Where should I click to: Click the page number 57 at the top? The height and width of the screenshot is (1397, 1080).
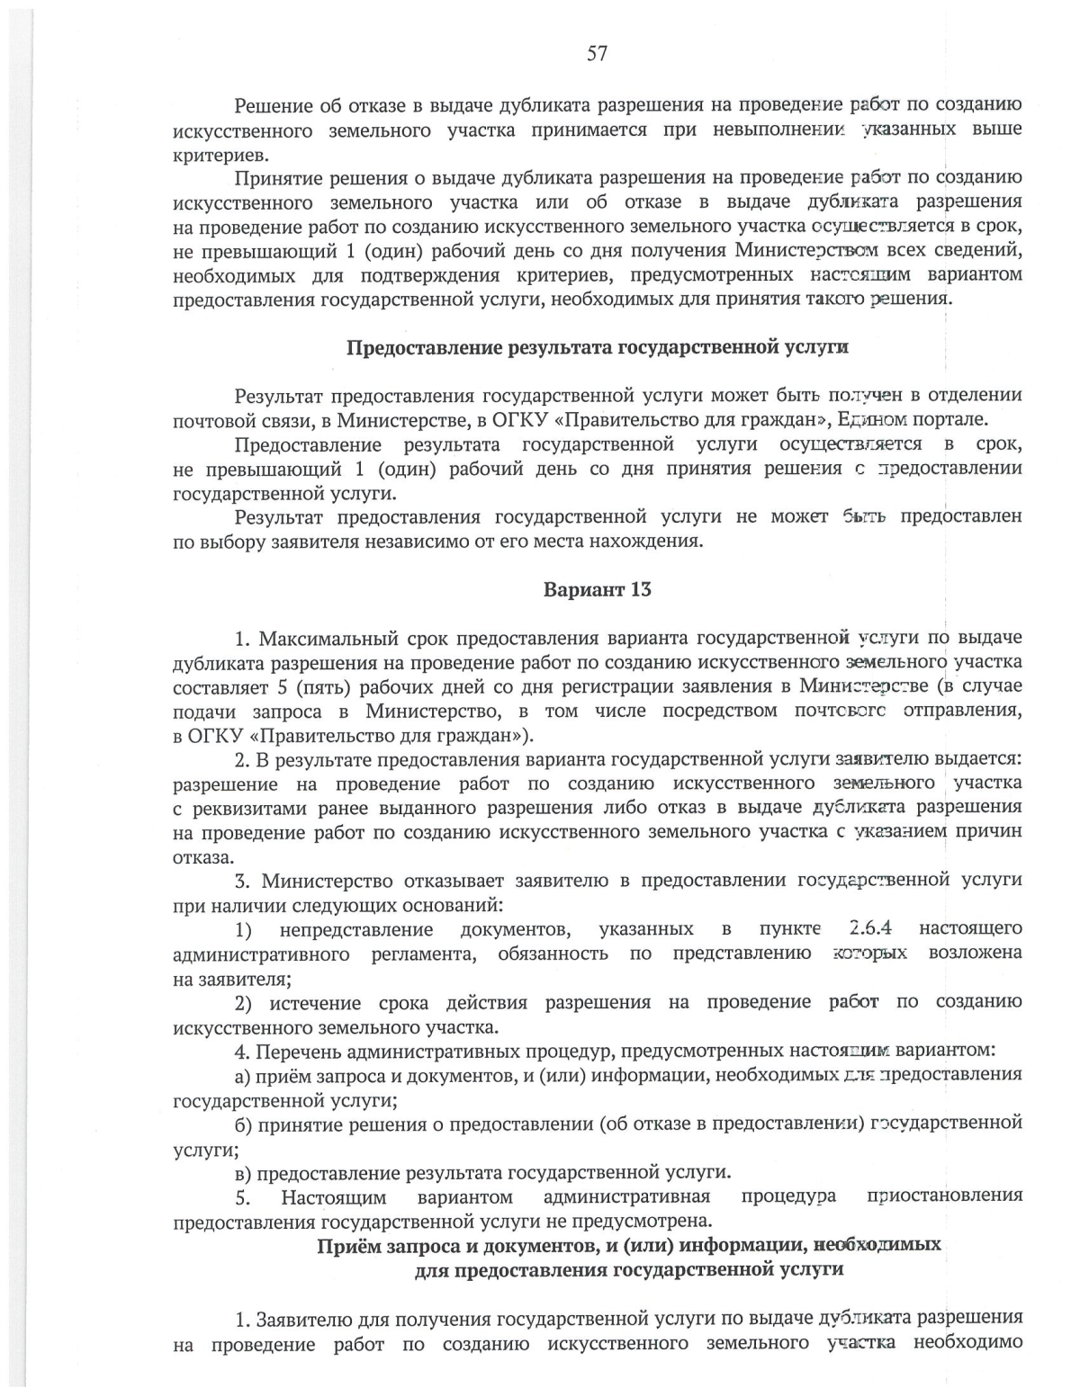click(x=597, y=54)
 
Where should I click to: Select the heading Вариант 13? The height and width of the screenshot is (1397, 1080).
click(x=597, y=590)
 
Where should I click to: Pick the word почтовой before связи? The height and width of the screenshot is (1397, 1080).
click(x=211, y=420)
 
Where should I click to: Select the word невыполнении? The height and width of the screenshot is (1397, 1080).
click(x=760, y=130)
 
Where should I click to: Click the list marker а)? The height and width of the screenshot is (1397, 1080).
click(x=243, y=1075)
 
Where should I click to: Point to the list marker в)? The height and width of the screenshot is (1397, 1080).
click(x=243, y=1173)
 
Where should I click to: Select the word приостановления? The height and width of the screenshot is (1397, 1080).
click(x=944, y=1196)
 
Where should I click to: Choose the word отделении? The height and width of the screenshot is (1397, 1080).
click(x=976, y=396)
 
